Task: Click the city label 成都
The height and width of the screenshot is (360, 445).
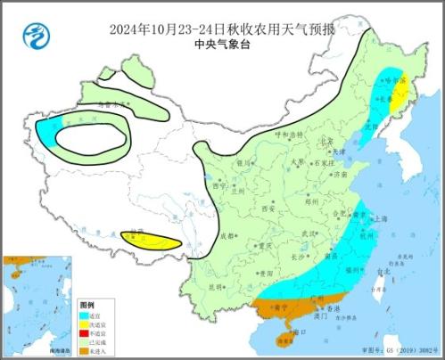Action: [x=228, y=236]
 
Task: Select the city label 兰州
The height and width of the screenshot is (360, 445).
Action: [x=235, y=189]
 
